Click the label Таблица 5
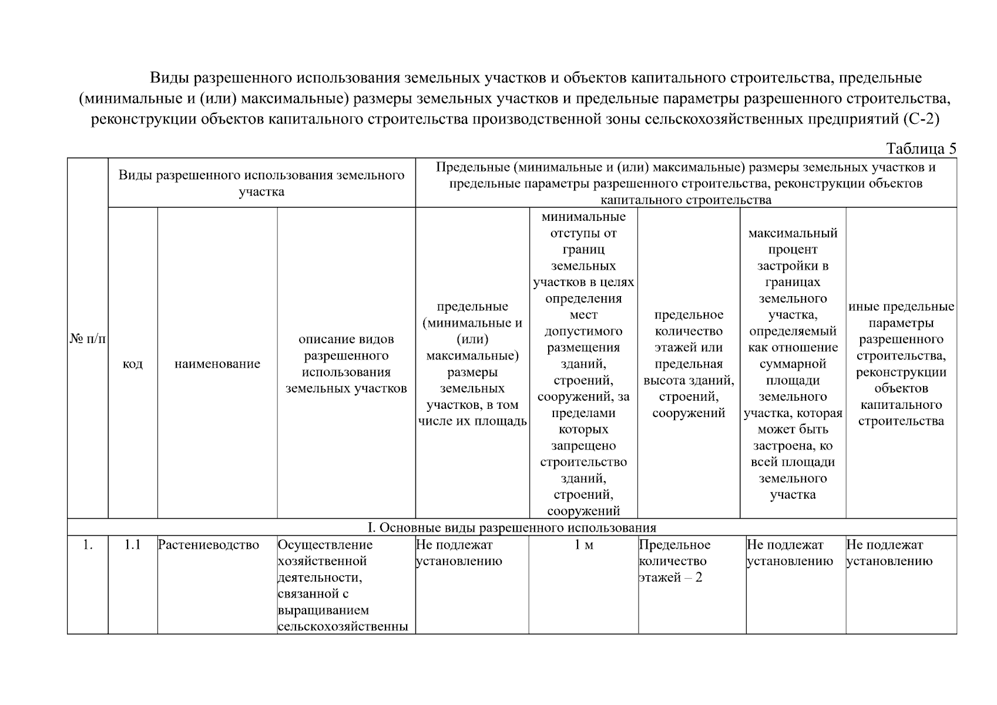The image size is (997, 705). click(x=921, y=149)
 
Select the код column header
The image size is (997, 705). click(x=133, y=364)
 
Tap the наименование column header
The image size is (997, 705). click(x=217, y=364)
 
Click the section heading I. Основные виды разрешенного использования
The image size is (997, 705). click(x=512, y=527)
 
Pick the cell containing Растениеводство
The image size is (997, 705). click(x=209, y=545)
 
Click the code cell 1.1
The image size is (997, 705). click(x=133, y=545)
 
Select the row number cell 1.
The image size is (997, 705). click(x=88, y=545)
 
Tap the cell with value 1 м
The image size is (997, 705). click(x=583, y=545)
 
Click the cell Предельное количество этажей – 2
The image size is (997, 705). click(x=674, y=561)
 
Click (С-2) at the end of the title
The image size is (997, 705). click(x=920, y=120)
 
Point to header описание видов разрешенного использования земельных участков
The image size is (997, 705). click(x=346, y=364)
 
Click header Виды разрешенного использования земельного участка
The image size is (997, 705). click(x=261, y=183)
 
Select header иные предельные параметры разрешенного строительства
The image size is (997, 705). click(x=901, y=364)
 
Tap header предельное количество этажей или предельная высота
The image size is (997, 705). click(x=689, y=364)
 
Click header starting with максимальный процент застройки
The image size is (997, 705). click(x=793, y=364)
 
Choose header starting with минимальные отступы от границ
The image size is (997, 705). click(x=583, y=364)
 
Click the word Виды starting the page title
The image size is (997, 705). click(x=169, y=78)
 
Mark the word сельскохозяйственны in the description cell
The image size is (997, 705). click(x=343, y=626)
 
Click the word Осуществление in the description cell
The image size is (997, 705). click(x=325, y=545)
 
